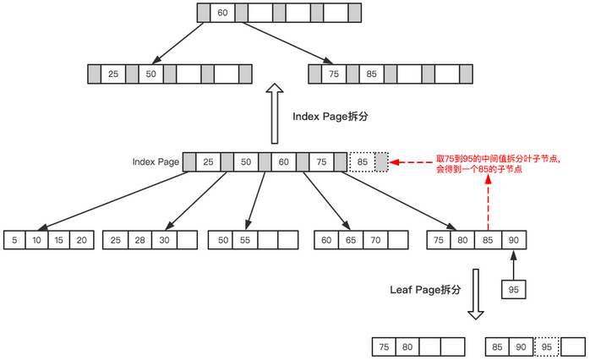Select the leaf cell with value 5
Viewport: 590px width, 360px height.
tap(14, 240)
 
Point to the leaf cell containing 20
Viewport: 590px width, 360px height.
tap(80, 240)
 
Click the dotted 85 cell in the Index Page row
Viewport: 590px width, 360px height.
tap(362, 161)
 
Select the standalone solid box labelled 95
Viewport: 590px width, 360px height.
tap(512, 290)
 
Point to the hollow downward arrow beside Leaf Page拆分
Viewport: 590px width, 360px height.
tap(476, 294)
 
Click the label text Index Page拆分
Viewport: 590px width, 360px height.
tap(327, 117)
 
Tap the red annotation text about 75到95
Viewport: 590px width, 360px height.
tap(497, 163)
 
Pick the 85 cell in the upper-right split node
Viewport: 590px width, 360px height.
tap(372, 74)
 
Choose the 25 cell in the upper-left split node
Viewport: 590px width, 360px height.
tap(113, 74)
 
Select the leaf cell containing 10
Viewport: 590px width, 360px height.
tap(36, 240)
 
